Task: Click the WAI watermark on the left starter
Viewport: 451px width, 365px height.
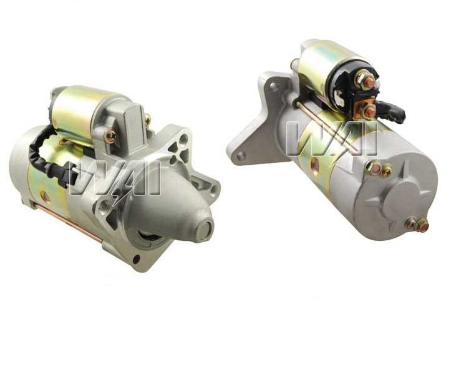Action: pyautogui.click(x=115, y=180)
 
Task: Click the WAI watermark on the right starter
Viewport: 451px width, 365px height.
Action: pyautogui.click(x=332, y=138)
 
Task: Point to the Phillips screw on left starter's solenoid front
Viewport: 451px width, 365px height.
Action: pyautogui.click(x=111, y=136)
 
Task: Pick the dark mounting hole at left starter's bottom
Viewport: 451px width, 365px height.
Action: pyautogui.click(x=136, y=259)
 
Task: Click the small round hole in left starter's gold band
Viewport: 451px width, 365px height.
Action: pyautogui.click(x=45, y=197)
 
